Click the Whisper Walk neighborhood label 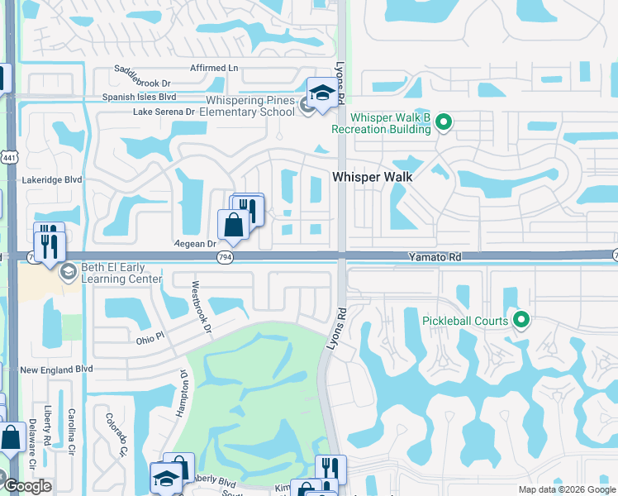[372, 177]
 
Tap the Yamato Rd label [435, 258]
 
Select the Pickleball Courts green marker [521, 319]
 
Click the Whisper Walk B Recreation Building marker [444, 123]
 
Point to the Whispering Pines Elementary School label [247, 107]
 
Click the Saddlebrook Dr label [142, 83]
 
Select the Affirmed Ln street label [213, 68]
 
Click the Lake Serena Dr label [164, 112]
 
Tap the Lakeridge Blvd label [52, 179]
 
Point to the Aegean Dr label [195, 244]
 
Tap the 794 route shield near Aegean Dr [224, 258]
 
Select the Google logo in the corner [27, 486]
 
